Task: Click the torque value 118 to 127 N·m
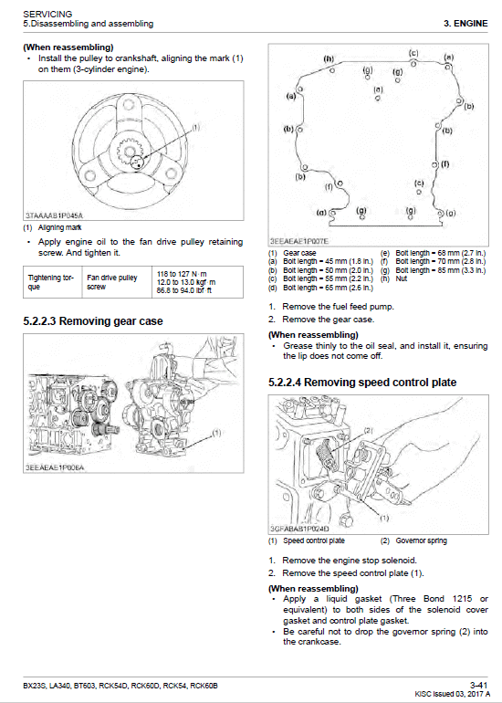pyautogui.click(x=183, y=273)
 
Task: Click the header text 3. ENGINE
pyautogui.click(x=466, y=23)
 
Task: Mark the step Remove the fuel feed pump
pyautogui.click(x=338, y=307)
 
